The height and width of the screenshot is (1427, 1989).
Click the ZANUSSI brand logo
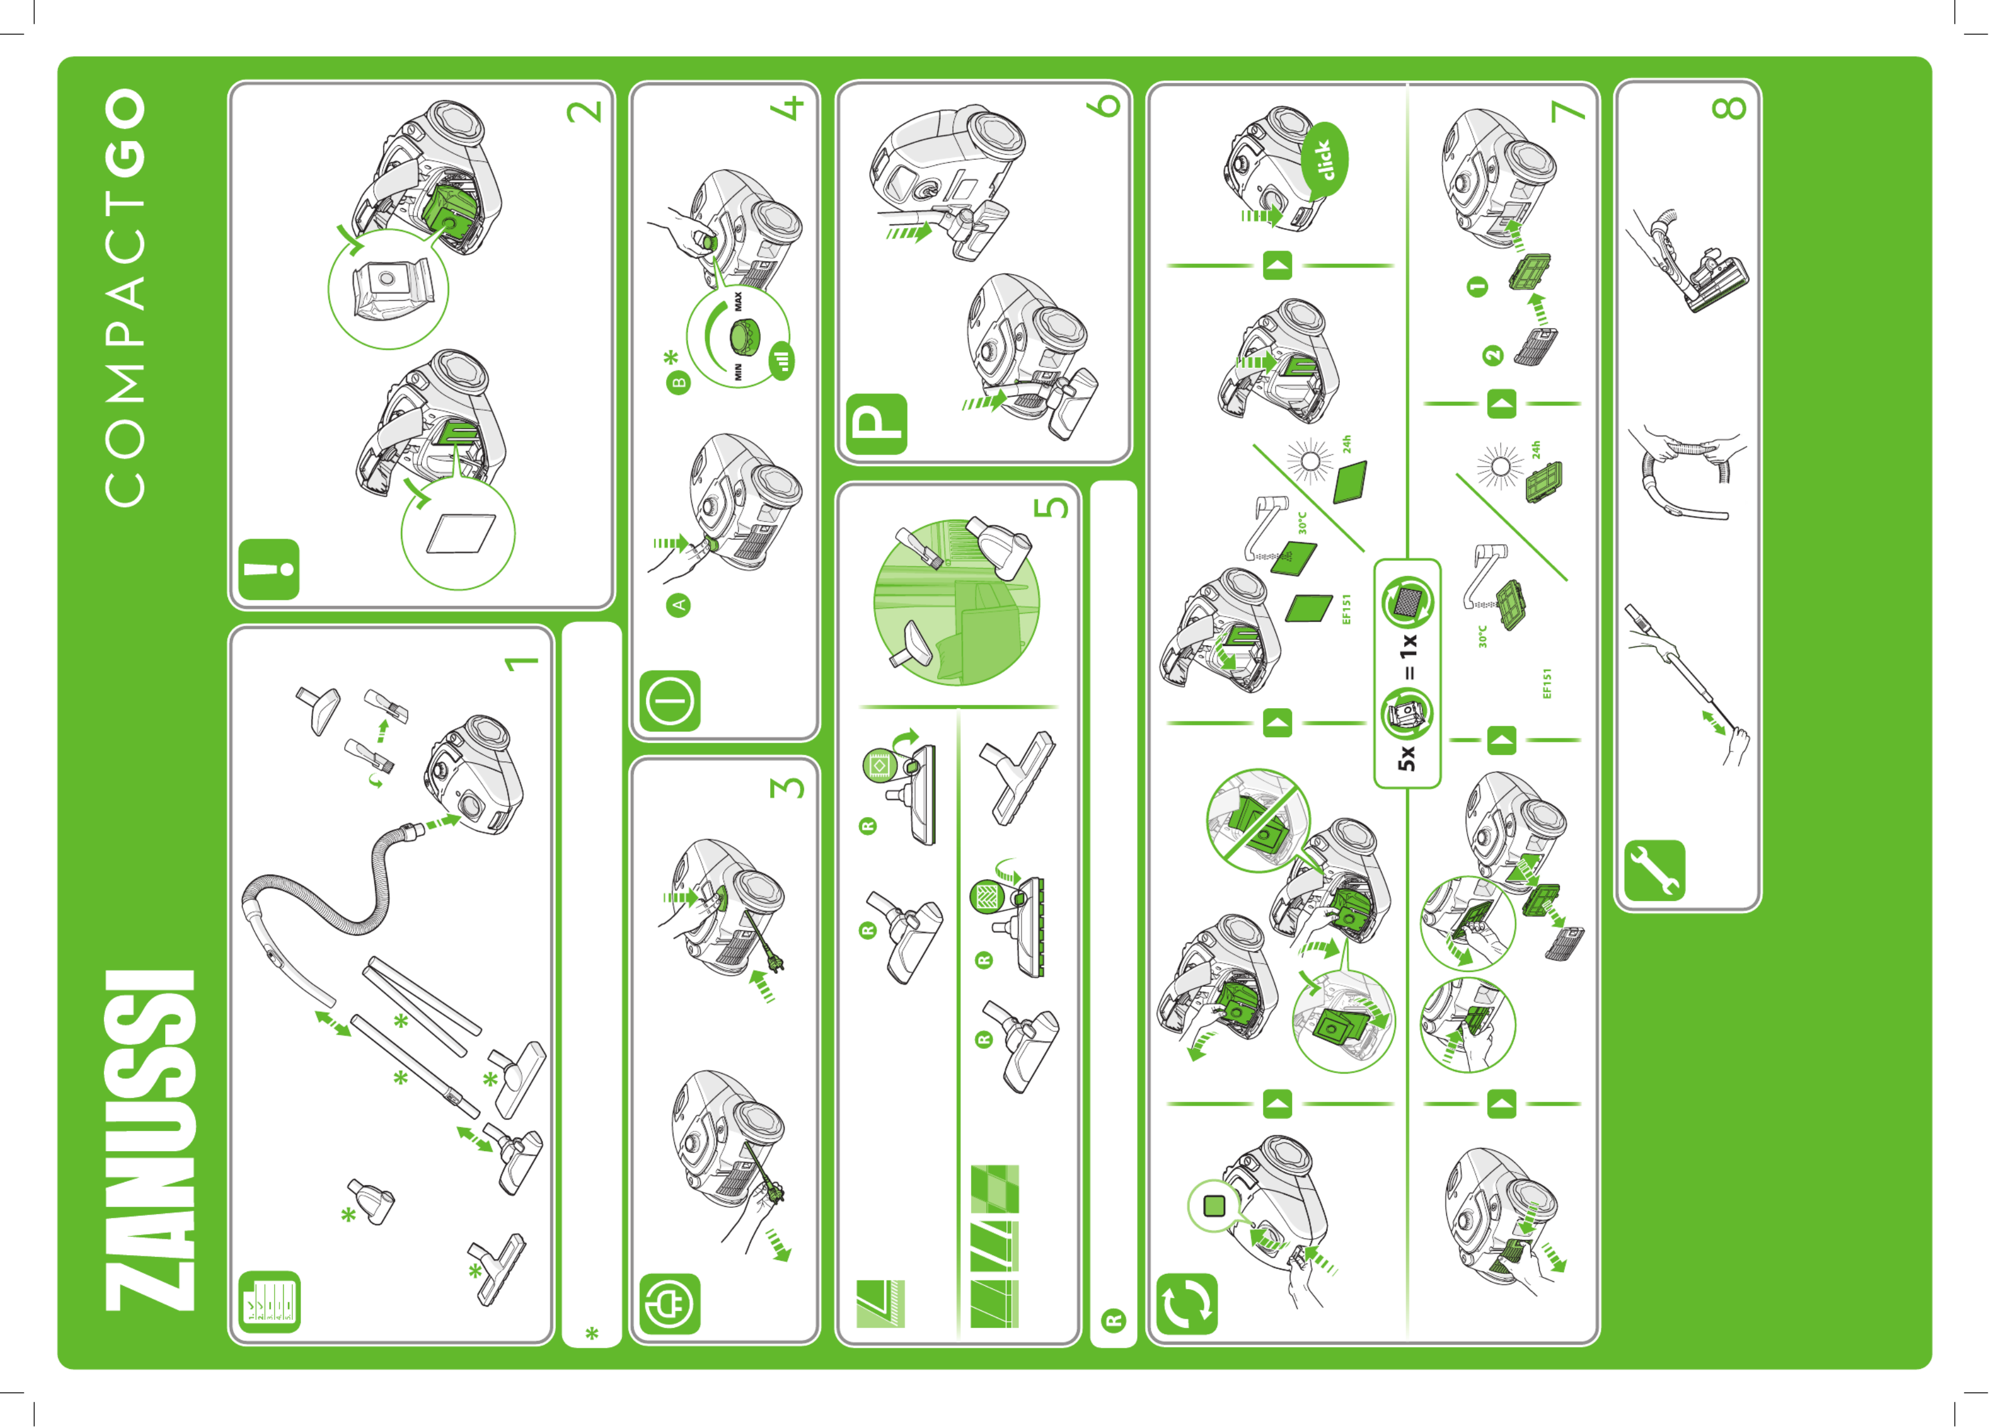[150, 1140]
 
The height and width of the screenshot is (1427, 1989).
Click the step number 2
[585, 111]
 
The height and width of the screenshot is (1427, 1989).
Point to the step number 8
[1729, 107]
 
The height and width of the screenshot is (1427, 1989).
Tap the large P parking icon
[877, 424]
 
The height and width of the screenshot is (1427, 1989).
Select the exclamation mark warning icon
[269, 569]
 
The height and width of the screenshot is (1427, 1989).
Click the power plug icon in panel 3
[670, 1304]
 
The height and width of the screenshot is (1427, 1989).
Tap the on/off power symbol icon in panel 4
[670, 701]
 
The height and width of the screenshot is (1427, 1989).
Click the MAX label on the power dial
[739, 302]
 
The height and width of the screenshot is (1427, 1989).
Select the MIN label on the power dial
[739, 372]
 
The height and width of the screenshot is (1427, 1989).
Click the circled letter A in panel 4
[679, 605]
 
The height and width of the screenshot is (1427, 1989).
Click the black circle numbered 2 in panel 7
[1492, 355]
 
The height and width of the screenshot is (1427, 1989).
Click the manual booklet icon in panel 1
[269, 1302]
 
